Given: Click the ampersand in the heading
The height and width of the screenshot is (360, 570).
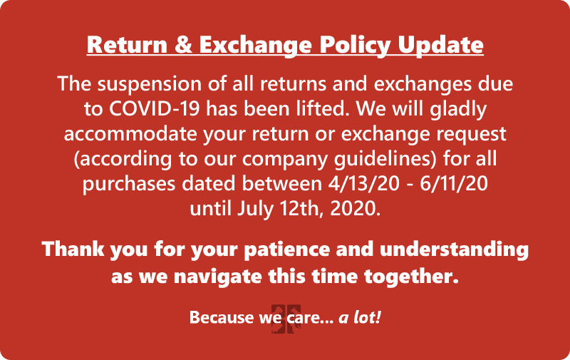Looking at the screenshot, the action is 183,45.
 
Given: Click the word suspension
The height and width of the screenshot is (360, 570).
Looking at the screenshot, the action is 149,84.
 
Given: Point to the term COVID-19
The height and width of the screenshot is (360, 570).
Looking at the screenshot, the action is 154,109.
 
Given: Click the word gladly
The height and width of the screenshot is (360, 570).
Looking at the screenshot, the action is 458,110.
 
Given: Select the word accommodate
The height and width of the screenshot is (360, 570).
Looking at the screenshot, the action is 130,134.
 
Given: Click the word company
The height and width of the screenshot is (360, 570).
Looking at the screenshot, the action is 285,160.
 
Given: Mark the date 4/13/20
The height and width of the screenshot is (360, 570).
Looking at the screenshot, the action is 363,184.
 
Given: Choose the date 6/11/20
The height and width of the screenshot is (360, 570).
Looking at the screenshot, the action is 454,184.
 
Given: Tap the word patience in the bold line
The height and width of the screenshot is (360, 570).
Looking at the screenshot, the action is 287,250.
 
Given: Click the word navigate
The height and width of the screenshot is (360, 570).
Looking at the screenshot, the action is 217,277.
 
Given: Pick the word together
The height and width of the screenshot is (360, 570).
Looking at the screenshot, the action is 411,277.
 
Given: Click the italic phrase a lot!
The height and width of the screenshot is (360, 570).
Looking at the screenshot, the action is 360,317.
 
